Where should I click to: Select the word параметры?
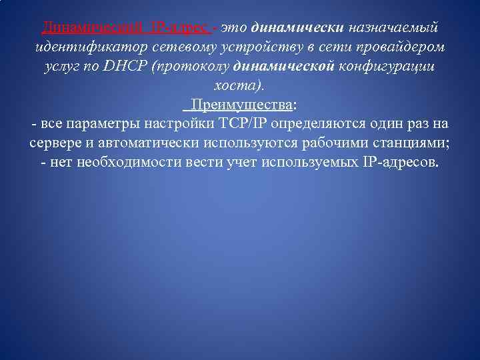[x=99, y=125]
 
